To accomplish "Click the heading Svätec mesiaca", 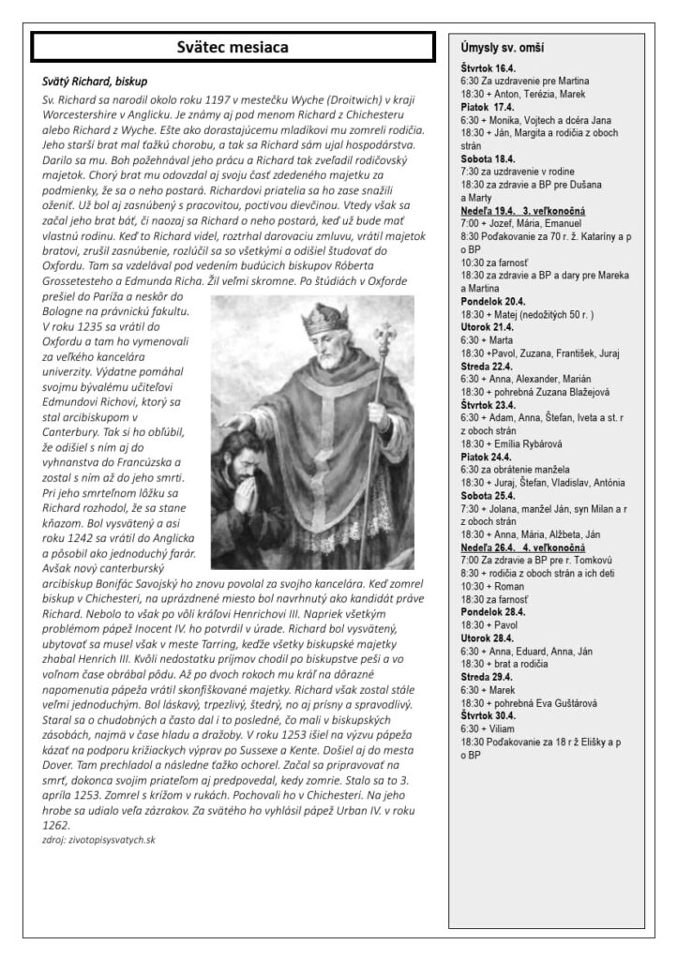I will [x=233, y=47].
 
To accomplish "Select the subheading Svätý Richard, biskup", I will [x=95, y=82].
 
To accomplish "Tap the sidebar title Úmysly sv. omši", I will [x=503, y=47].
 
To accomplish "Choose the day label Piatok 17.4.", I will [x=485, y=108].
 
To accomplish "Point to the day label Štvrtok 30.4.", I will [x=489, y=712].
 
